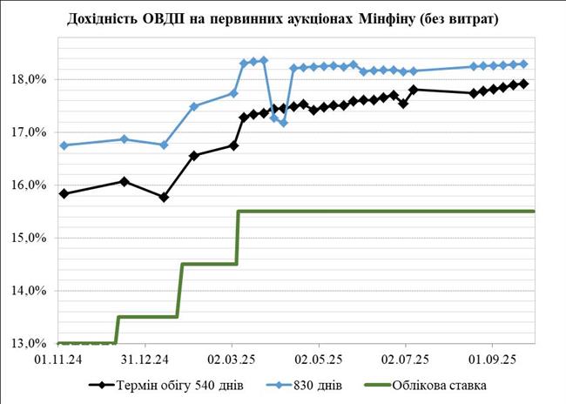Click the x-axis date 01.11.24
(57, 357)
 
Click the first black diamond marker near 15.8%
(64, 193)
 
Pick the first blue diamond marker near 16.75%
(64, 145)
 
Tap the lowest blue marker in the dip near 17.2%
(283, 123)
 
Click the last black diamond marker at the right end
(524, 84)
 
